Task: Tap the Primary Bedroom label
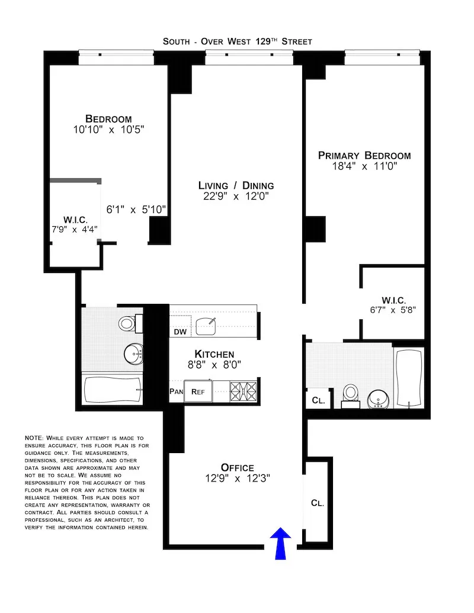pos(364,156)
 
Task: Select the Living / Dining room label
pos(236,185)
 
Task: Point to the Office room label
pos(237,467)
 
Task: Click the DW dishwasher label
pos(180,332)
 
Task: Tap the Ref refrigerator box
pos(198,391)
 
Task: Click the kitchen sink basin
pos(207,325)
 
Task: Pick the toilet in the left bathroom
pos(127,323)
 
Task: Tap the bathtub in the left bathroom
pos(113,390)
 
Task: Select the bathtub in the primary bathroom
pos(409,377)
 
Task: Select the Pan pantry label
pos(176,391)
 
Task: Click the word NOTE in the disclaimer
pos(34,437)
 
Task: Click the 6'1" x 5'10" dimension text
pos(136,210)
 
